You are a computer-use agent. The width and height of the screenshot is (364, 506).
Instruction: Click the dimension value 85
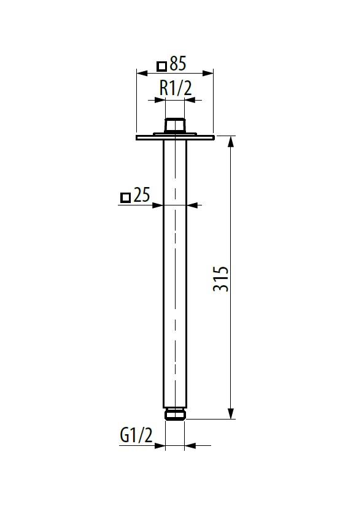click(x=177, y=63)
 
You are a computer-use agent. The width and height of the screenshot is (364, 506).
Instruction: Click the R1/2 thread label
click(x=176, y=88)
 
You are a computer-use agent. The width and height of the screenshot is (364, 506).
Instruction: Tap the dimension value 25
click(x=141, y=194)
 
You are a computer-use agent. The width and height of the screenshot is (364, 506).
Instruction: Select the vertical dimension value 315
click(x=221, y=279)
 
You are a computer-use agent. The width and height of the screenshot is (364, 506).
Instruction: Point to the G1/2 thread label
click(x=136, y=435)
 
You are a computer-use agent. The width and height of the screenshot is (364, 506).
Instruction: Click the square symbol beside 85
click(x=161, y=66)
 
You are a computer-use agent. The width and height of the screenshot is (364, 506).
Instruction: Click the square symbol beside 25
click(x=125, y=197)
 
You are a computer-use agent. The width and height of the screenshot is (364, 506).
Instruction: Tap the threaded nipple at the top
click(x=175, y=125)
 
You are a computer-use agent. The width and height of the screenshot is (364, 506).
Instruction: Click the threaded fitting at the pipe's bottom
click(x=175, y=414)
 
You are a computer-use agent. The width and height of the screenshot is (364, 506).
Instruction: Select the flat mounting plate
click(x=175, y=137)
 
